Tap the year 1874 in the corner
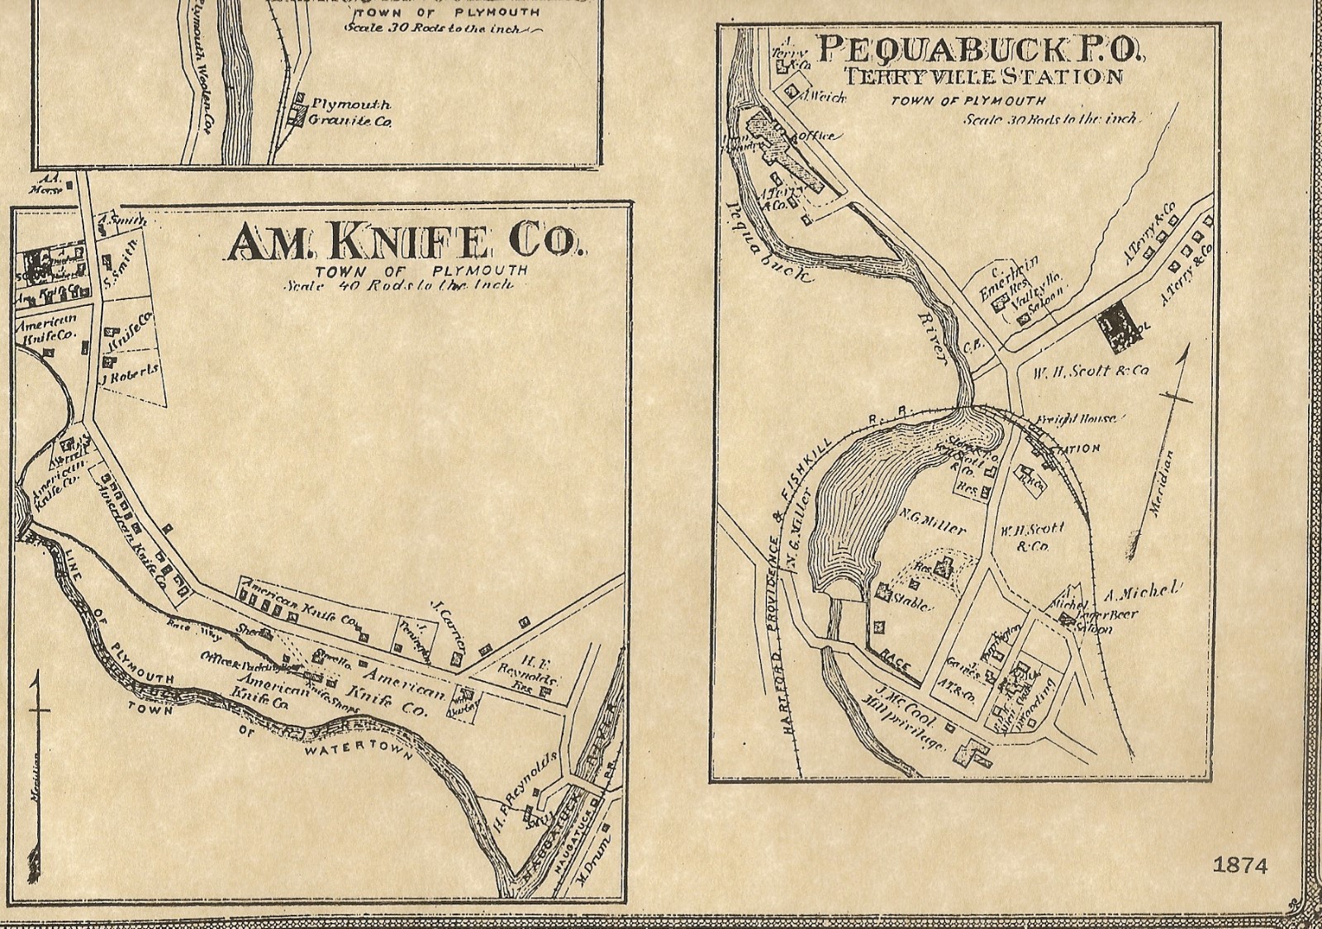[x=1239, y=865]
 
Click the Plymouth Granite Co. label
[x=350, y=113]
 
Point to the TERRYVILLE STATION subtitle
[x=982, y=78]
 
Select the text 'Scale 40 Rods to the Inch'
[x=397, y=285]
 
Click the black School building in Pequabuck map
[x=1115, y=328]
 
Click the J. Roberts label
[x=131, y=374]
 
